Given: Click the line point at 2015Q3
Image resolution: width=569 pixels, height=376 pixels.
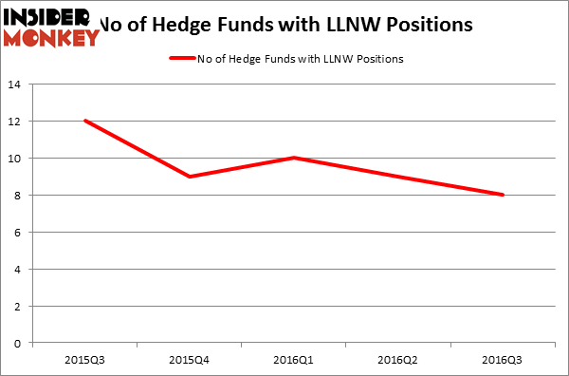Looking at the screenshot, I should point(85,121).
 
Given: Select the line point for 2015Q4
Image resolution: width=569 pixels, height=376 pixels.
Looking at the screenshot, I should point(190,177).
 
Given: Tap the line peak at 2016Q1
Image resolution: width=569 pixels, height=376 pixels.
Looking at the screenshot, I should point(294,158).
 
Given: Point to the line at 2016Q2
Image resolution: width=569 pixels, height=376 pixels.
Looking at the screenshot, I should point(398,177).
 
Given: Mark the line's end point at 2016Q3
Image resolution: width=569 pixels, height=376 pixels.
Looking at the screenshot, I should point(502,195).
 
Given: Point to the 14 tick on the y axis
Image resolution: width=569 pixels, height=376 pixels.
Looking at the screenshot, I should point(15,85).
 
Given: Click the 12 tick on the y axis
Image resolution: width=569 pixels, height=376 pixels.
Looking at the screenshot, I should point(15,122).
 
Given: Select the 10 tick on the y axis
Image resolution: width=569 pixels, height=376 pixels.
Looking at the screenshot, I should point(15,159).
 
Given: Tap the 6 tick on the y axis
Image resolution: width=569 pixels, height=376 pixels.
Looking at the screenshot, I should point(18,233).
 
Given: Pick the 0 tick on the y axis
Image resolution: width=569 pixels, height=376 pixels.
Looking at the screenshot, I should point(18,344).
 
